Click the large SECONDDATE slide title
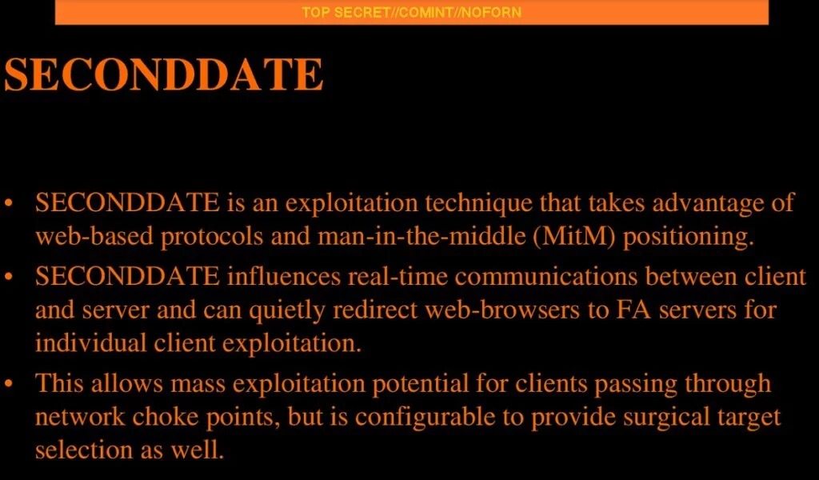(x=163, y=74)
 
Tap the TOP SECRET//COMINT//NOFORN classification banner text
(x=412, y=12)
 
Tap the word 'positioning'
(x=689, y=237)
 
